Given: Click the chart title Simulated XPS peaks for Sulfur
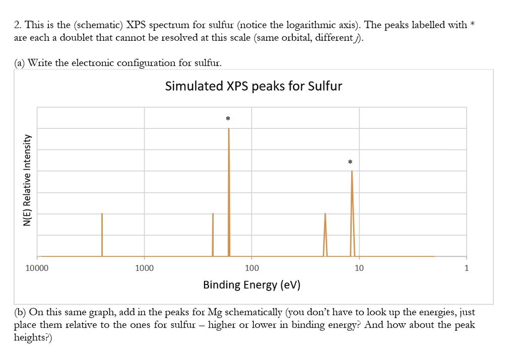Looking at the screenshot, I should point(253,86).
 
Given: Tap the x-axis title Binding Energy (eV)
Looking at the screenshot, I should point(251,285).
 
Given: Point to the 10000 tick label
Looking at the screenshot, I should point(37,268).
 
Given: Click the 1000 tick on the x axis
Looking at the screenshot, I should point(145,268).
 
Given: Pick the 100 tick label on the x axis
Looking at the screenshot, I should point(252,268).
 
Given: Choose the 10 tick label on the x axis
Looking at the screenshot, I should point(359,268).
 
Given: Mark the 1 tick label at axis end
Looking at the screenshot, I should point(466,268).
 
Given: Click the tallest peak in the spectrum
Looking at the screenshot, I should point(229,191).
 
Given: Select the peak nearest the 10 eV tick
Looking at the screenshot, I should point(352,211).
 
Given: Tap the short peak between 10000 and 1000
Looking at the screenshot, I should point(102,234).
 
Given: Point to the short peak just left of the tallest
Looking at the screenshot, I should point(213,234).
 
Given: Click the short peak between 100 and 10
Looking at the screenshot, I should point(325,234).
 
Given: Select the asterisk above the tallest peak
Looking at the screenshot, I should point(228,119).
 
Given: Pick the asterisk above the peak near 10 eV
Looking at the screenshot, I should point(350,162).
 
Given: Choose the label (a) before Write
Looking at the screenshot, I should point(20,62).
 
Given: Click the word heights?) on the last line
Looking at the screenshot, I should point(33,337).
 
